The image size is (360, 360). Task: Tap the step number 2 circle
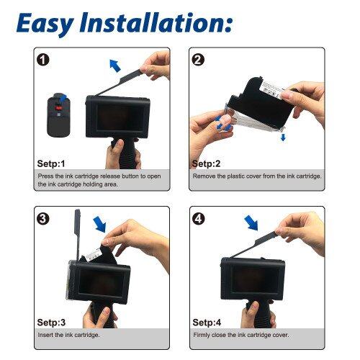[x=198, y=60]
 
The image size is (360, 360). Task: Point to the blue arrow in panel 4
[x=251, y=222]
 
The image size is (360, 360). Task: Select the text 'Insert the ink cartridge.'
[x=68, y=335]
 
